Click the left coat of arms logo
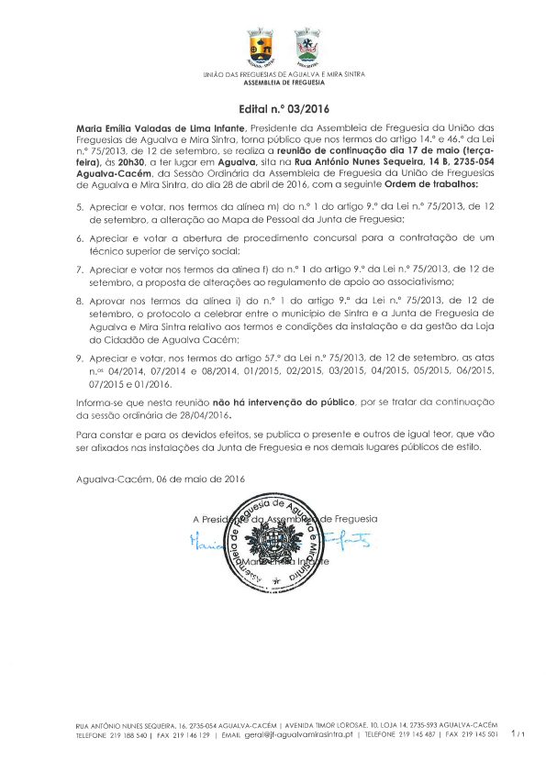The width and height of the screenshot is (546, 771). click(x=261, y=48)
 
